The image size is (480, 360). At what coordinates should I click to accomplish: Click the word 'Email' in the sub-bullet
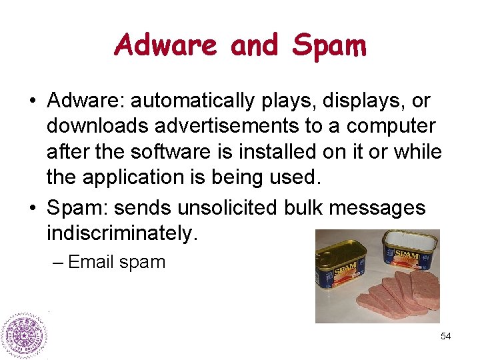coord(92,262)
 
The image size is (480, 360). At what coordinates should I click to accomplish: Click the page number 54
coord(446,337)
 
